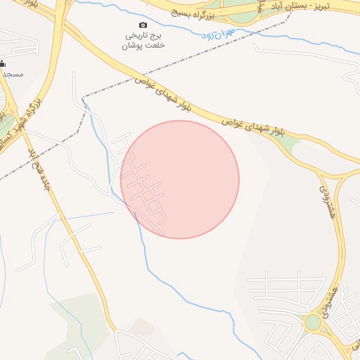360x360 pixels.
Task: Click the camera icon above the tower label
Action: pos(144,25)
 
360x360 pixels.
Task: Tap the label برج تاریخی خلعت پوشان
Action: pos(144,40)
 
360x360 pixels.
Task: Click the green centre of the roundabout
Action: pos(313,323)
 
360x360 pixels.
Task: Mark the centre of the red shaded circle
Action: pos(180,179)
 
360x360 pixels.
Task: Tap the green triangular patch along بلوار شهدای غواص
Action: pos(287,142)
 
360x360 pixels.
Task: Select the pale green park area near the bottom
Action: pos(81,316)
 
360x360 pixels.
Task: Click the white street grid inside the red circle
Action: pos(143,186)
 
